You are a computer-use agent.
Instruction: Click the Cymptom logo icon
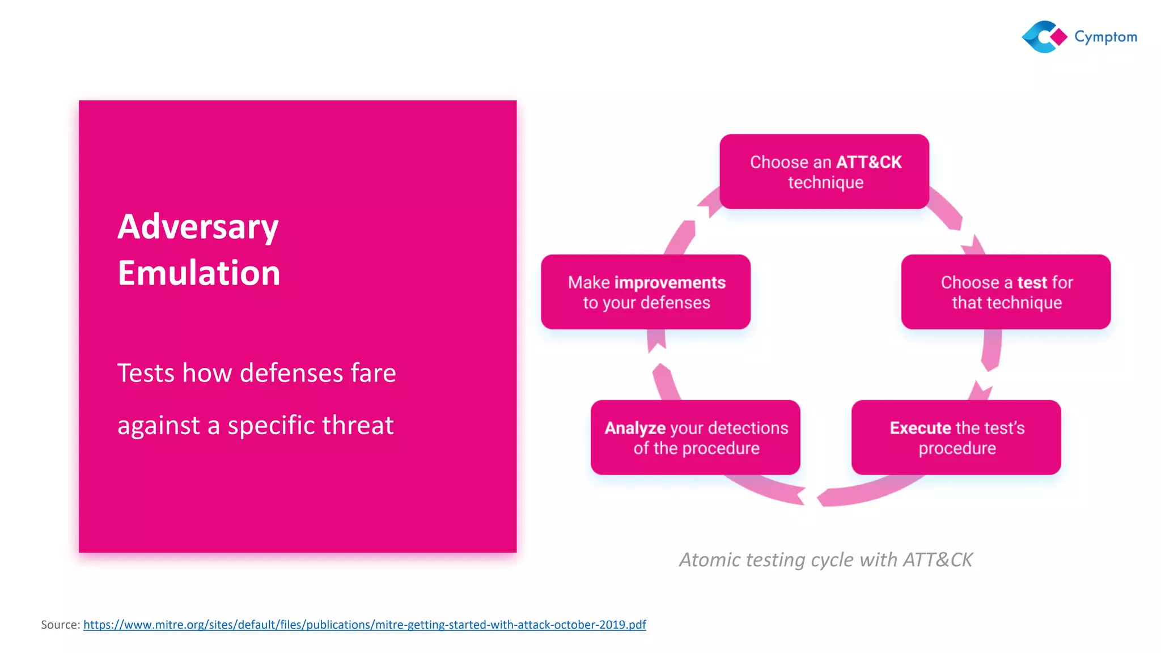tap(1044, 37)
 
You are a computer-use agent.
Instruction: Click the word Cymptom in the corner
tap(1105, 37)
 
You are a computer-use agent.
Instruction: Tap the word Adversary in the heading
tap(198, 227)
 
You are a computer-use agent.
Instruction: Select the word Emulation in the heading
tap(199, 273)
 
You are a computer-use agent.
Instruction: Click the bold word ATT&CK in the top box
tap(868, 163)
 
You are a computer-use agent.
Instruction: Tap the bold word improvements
tap(670, 282)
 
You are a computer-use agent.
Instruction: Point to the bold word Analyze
tap(635, 428)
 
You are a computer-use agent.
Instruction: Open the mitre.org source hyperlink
tap(365, 625)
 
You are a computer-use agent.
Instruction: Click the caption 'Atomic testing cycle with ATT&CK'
tap(825, 560)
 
